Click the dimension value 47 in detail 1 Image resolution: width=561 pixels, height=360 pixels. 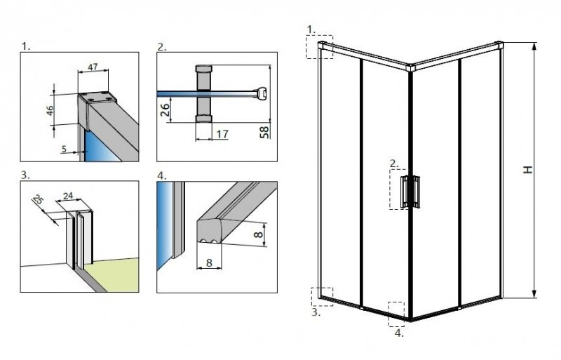[x=93, y=69]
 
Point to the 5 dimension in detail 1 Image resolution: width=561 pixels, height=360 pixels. [x=64, y=149]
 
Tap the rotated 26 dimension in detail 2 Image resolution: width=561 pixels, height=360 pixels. [x=165, y=109]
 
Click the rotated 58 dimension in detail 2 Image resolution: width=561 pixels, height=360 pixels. [x=264, y=131]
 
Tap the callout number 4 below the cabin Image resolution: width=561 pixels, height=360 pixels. [x=398, y=333]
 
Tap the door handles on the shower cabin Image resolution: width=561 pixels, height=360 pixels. [x=410, y=192]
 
